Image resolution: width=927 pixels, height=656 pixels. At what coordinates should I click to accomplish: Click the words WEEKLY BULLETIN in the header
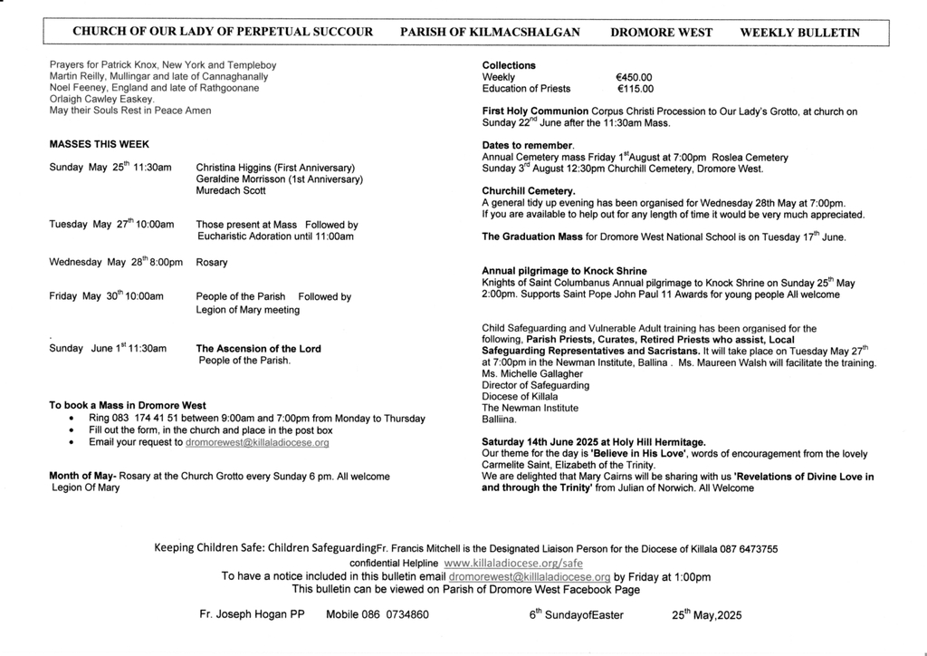point(799,32)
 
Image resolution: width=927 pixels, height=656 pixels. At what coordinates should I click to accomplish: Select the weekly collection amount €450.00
point(633,77)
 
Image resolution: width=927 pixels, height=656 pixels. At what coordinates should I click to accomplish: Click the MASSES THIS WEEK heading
point(100,144)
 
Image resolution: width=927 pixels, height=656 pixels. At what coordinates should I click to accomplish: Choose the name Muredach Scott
point(231,191)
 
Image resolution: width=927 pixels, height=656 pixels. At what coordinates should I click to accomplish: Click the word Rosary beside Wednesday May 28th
point(212,263)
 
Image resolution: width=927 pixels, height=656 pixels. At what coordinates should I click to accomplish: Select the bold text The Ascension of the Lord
point(258,348)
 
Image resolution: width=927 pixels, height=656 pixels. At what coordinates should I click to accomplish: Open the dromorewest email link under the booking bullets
point(256,443)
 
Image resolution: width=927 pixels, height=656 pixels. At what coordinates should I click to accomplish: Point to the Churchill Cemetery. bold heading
point(529,191)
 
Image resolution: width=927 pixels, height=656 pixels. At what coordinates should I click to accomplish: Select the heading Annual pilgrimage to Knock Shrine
point(564,271)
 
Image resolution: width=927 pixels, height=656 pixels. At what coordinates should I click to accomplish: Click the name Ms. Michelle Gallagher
point(534,373)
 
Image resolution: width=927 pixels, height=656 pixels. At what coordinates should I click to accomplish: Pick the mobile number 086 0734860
point(395,614)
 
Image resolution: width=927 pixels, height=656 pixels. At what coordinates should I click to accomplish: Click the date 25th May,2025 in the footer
point(706,614)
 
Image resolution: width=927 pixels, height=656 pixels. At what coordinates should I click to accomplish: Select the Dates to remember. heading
point(528,145)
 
